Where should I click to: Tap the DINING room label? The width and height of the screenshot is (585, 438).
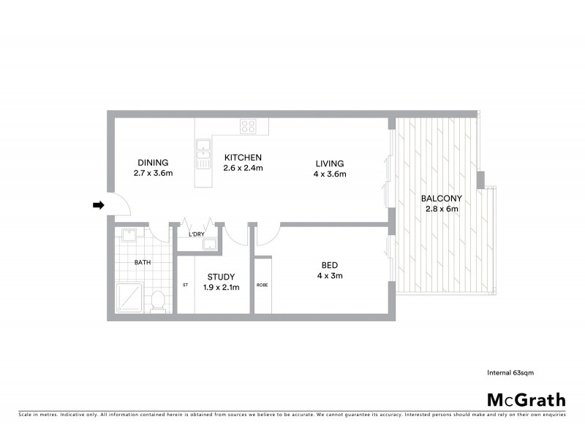153,163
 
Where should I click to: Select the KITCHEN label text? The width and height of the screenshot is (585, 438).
243,158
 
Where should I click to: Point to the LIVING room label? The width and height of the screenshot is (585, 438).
330,164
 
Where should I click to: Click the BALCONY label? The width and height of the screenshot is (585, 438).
440,198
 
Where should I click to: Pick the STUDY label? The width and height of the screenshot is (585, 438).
220,277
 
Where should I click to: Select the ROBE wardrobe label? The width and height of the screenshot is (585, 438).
261,285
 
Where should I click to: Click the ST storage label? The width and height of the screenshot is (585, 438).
185,285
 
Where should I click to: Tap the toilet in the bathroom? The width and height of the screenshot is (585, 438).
157,299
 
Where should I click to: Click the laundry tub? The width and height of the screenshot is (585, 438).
211,243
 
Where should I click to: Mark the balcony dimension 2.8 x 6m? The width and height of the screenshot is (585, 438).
441,209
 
